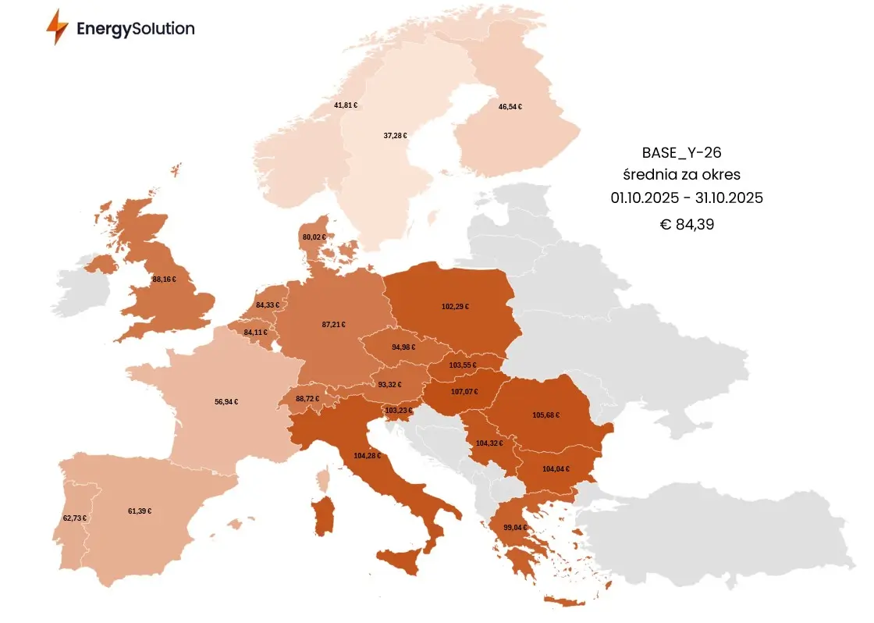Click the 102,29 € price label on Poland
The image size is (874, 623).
[x=455, y=307]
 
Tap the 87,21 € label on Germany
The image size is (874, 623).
[x=333, y=324]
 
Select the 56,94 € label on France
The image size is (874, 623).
[x=226, y=402]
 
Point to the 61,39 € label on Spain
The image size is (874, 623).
[x=140, y=511]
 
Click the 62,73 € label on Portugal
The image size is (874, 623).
[x=74, y=518]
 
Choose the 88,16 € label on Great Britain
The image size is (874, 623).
[x=164, y=279]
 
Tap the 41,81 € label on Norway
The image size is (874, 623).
[x=346, y=105]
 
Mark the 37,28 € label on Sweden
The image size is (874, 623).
[x=395, y=136]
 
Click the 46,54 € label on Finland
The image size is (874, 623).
[x=510, y=106]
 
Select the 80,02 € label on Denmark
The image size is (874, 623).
[x=314, y=237]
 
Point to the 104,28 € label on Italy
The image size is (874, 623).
[x=367, y=455]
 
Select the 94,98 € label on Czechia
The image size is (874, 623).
[x=404, y=347]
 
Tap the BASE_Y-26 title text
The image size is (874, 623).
[x=687, y=151]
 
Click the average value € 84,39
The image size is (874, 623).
[x=687, y=225]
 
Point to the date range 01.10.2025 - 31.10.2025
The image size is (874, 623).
[x=687, y=198]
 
